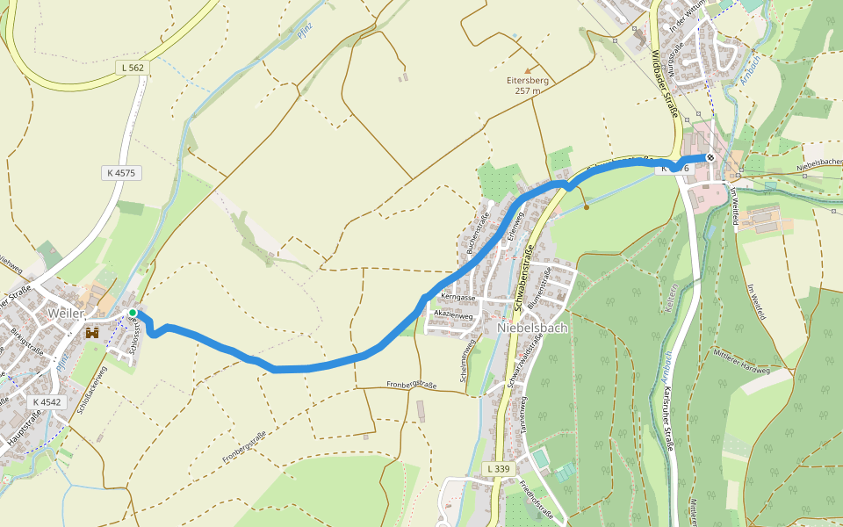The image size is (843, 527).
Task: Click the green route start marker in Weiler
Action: click(x=133, y=313)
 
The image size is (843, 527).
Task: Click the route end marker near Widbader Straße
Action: click(x=710, y=158)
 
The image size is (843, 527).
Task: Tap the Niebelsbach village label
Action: click(x=532, y=328)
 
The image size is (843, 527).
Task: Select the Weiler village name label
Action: click(x=66, y=314)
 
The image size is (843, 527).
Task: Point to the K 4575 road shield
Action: click(x=121, y=173)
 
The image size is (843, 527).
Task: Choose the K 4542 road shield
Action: click(x=47, y=402)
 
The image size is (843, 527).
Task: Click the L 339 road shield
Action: click(x=498, y=470)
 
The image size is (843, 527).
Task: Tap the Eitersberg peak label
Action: click(x=528, y=85)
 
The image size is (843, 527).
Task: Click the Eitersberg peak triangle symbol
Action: click(x=528, y=70)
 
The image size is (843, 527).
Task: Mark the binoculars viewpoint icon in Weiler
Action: click(x=91, y=334)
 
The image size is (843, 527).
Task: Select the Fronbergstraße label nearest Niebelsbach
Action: click(x=412, y=385)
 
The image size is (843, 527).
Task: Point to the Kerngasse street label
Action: click(x=458, y=299)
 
